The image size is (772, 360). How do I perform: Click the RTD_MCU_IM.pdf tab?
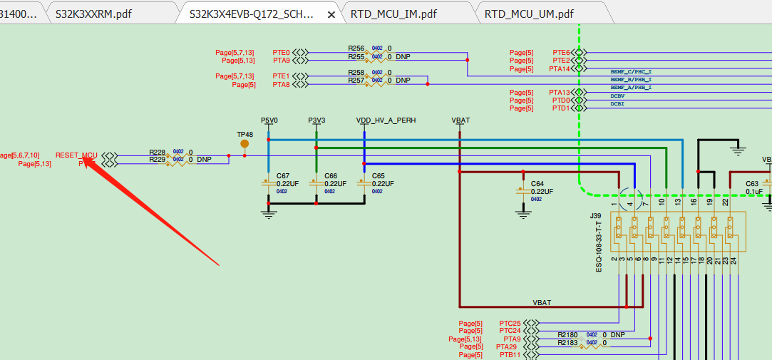pyautogui.click(x=393, y=14)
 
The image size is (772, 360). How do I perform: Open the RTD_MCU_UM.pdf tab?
pyautogui.click(x=528, y=14)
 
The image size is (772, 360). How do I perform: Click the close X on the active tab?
pyautogui.click(x=331, y=14)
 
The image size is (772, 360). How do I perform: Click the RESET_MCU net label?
pyautogui.click(x=76, y=155)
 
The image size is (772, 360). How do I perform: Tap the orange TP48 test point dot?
pyautogui.click(x=245, y=143)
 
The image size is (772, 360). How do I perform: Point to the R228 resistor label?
pyautogui.click(x=157, y=152)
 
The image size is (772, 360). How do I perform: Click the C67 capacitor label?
pyautogui.click(x=283, y=175)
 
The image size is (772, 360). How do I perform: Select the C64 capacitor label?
pyautogui.click(x=537, y=183)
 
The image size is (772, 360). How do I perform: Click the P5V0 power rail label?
pyautogui.click(x=269, y=120)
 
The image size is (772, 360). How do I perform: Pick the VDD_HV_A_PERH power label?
pyautogui.click(x=386, y=120)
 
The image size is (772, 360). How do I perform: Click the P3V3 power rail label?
pyautogui.click(x=316, y=120)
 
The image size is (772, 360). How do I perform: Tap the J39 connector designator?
pyautogui.click(x=595, y=215)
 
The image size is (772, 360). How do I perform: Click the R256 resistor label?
pyautogui.click(x=356, y=48)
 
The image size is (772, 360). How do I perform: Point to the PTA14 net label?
pyautogui.click(x=560, y=69)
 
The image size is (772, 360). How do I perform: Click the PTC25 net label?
pyautogui.click(x=510, y=324)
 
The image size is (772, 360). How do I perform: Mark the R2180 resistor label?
pyautogui.click(x=567, y=334)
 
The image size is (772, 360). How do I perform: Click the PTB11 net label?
pyautogui.click(x=510, y=354)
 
